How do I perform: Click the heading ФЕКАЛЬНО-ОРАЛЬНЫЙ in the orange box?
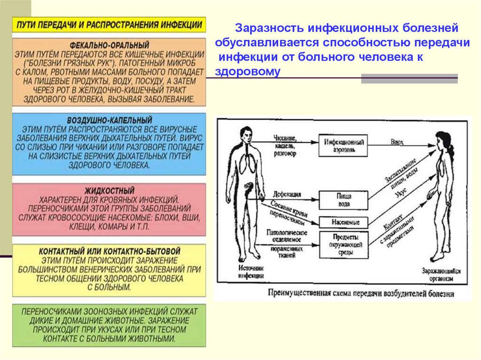pos(109,46)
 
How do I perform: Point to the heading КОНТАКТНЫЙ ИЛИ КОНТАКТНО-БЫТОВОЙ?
pos(109,252)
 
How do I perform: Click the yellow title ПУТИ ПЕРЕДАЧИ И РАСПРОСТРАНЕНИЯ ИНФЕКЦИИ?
pos(109,25)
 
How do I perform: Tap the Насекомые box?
pos(342,222)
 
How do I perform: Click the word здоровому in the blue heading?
pos(248,72)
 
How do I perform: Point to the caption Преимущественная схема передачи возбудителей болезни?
pos(361,294)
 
